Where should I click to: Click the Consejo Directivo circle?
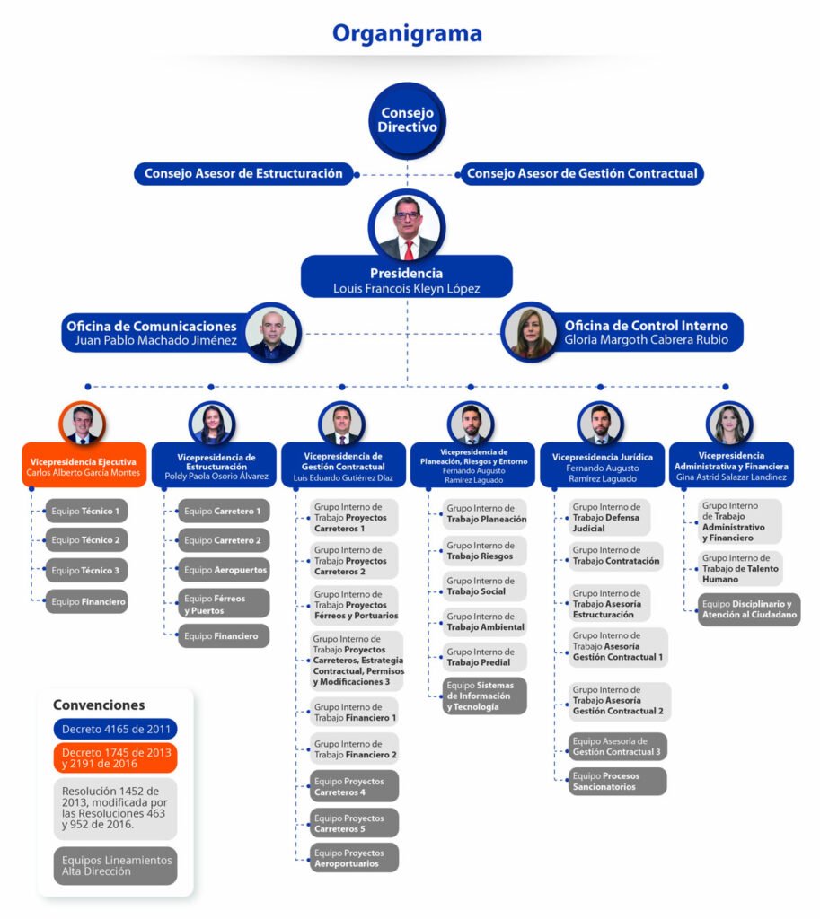coord(407,121)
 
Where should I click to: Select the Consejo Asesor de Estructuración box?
coord(243,173)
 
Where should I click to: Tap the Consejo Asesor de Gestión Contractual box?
coord(582,173)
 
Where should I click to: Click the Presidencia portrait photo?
coord(407,225)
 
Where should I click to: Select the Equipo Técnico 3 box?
coord(86,570)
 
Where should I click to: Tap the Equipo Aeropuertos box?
coord(224,570)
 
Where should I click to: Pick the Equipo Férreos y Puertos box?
coord(224,603)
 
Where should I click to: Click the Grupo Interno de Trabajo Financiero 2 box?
coord(355,748)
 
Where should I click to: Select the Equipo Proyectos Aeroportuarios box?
coord(355,858)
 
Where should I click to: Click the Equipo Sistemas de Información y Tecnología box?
coord(485,696)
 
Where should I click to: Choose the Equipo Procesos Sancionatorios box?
coord(617,781)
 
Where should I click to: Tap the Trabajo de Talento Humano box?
coord(740,568)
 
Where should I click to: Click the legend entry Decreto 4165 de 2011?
coord(115,729)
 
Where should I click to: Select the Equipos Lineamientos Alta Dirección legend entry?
coord(115,865)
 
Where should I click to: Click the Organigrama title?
coord(407,33)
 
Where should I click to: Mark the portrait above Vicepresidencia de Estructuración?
coord(212,422)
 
